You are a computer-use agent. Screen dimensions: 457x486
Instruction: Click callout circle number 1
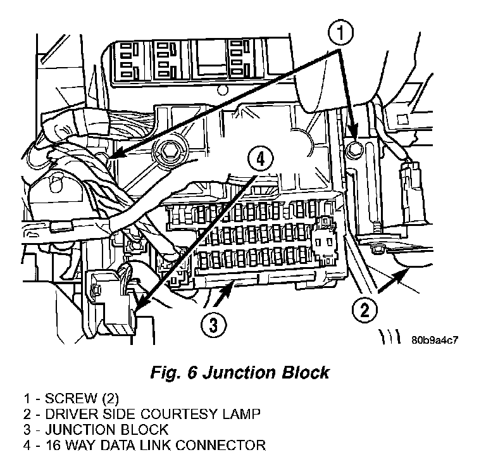(340, 31)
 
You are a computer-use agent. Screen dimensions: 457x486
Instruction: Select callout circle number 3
(214, 326)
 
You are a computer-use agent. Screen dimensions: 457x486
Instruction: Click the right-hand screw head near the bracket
(356, 149)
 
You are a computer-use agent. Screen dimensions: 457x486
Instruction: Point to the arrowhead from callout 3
(222, 292)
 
